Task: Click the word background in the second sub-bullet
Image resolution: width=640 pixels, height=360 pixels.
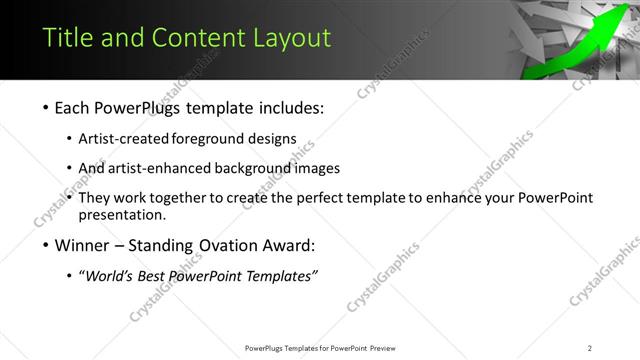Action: [x=251, y=169]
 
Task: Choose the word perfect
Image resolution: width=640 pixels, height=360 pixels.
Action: [x=301, y=198]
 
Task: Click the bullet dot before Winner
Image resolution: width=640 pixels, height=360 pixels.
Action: [x=48, y=246]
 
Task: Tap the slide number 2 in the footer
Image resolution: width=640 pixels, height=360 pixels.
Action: [x=589, y=348]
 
